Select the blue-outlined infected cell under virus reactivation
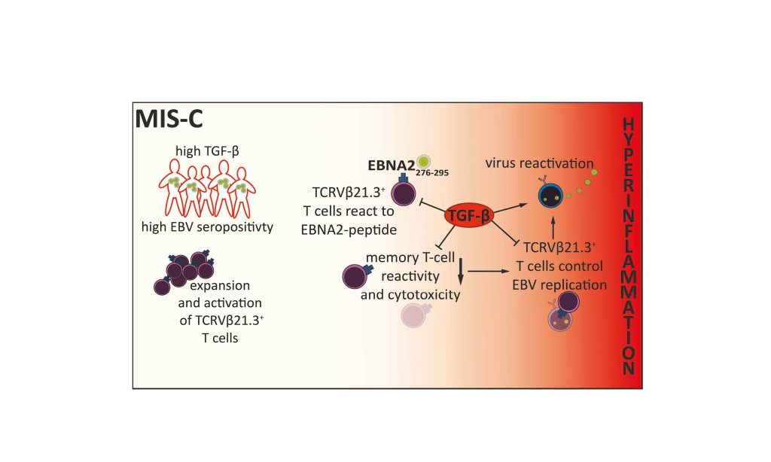(552, 196)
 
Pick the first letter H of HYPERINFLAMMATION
(628, 124)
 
